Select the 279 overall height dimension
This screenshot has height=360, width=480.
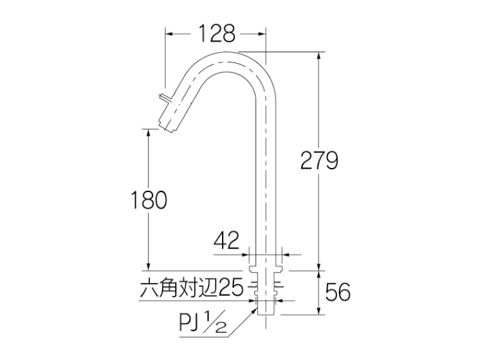[x=320, y=161]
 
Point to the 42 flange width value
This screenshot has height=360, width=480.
[x=226, y=241]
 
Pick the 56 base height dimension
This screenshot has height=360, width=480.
[x=338, y=292]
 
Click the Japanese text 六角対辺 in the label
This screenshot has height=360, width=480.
[x=178, y=286]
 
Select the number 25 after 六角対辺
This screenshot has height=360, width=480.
[x=230, y=286]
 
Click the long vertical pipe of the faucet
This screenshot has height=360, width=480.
[x=263, y=180]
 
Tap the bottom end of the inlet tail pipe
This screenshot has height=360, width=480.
[x=263, y=312]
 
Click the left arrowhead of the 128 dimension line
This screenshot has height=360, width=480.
[x=169, y=34]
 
